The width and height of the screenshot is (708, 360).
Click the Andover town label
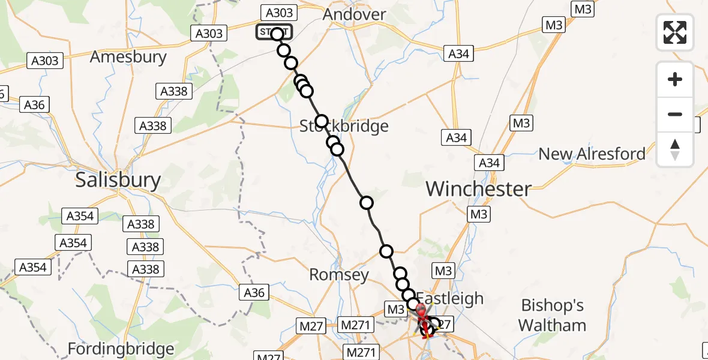tap(354, 14)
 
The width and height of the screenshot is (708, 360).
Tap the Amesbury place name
tap(128, 57)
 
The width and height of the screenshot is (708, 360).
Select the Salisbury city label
tap(118, 180)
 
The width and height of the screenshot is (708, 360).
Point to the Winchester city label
tap(478, 189)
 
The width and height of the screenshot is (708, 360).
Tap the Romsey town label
tap(338, 275)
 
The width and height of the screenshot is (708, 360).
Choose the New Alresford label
tap(592, 154)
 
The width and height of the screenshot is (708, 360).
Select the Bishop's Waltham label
tap(552, 316)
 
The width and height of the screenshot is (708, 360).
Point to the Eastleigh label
tap(449, 298)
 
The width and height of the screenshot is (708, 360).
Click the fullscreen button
tap(675, 32)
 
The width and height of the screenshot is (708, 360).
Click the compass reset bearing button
tap(675, 149)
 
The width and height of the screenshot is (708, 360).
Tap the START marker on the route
tap(275, 32)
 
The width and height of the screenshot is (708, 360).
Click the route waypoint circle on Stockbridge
tap(322, 121)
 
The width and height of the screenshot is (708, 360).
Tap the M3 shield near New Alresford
tap(521, 123)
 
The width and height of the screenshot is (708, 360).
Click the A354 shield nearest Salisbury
tap(79, 215)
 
